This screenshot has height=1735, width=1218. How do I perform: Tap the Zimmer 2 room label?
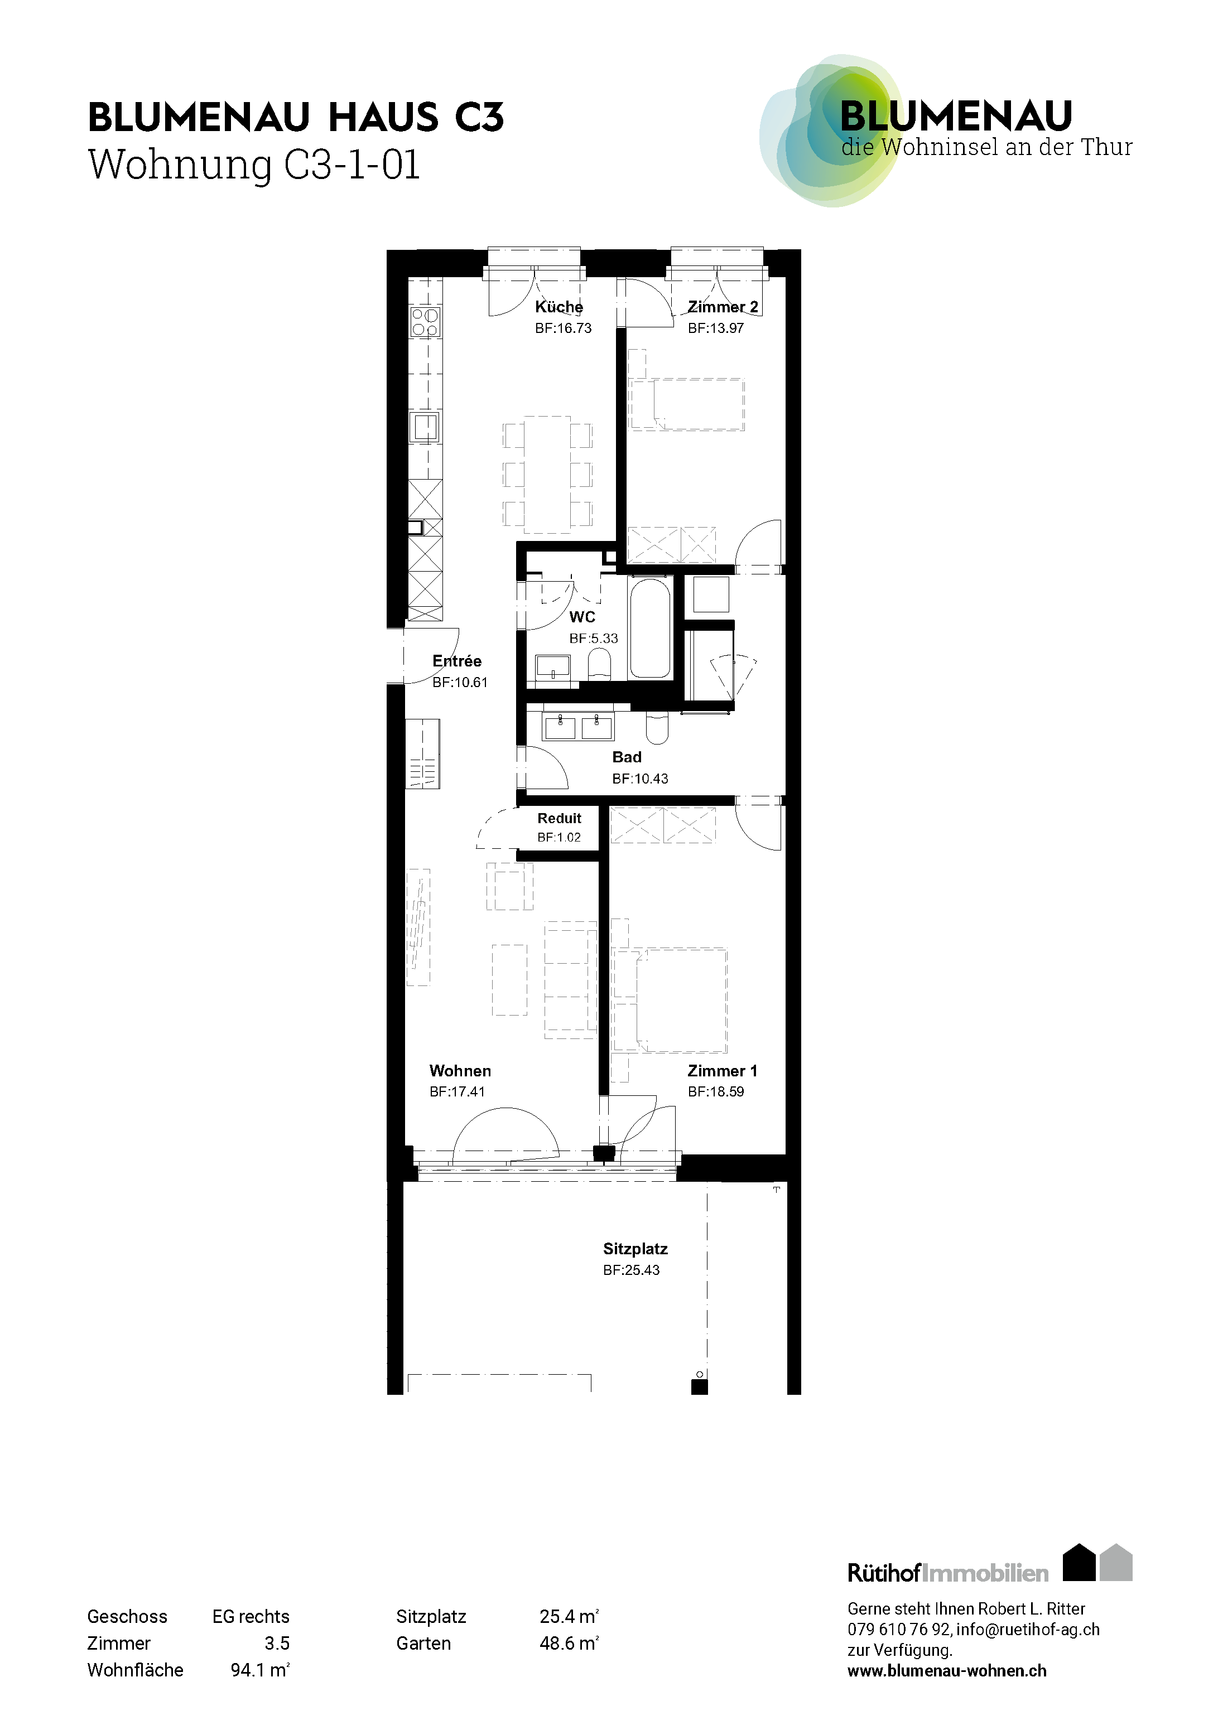[x=723, y=307]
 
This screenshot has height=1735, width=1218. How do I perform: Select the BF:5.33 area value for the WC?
[x=594, y=639]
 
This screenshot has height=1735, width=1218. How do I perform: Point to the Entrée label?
[x=456, y=661]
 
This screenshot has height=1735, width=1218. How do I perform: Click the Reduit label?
[x=560, y=818]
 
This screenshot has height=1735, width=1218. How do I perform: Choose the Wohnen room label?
[x=460, y=1071]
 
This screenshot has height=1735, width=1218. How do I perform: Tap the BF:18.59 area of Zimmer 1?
[x=716, y=1092]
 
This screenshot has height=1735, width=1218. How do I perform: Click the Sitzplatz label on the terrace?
[x=635, y=1250]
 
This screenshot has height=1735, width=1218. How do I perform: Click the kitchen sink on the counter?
[x=425, y=428]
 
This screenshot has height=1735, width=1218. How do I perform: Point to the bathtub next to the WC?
[x=650, y=628]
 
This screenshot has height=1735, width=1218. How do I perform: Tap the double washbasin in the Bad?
[x=579, y=726]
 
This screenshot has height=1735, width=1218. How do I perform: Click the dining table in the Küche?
[x=547, y=474]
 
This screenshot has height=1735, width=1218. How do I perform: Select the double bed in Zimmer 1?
[x=681, y=1001]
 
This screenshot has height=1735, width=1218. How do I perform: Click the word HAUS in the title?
[x=383, y=119]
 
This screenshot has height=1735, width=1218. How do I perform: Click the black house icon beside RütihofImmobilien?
[x=1079, y=1562]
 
